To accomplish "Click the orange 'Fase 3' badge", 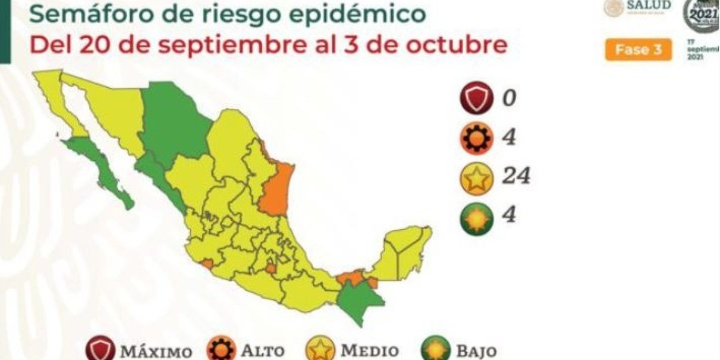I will point(638,50).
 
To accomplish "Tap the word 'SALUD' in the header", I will point(649,5).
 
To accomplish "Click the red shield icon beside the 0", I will point(476,98).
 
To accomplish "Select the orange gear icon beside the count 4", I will point(476,139).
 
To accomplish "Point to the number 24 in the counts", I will point(515,176).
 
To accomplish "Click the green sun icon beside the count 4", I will point(476,218).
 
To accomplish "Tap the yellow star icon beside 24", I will point(476,178).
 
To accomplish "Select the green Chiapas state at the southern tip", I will point(359,303).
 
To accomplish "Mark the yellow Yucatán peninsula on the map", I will point(405,252).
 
